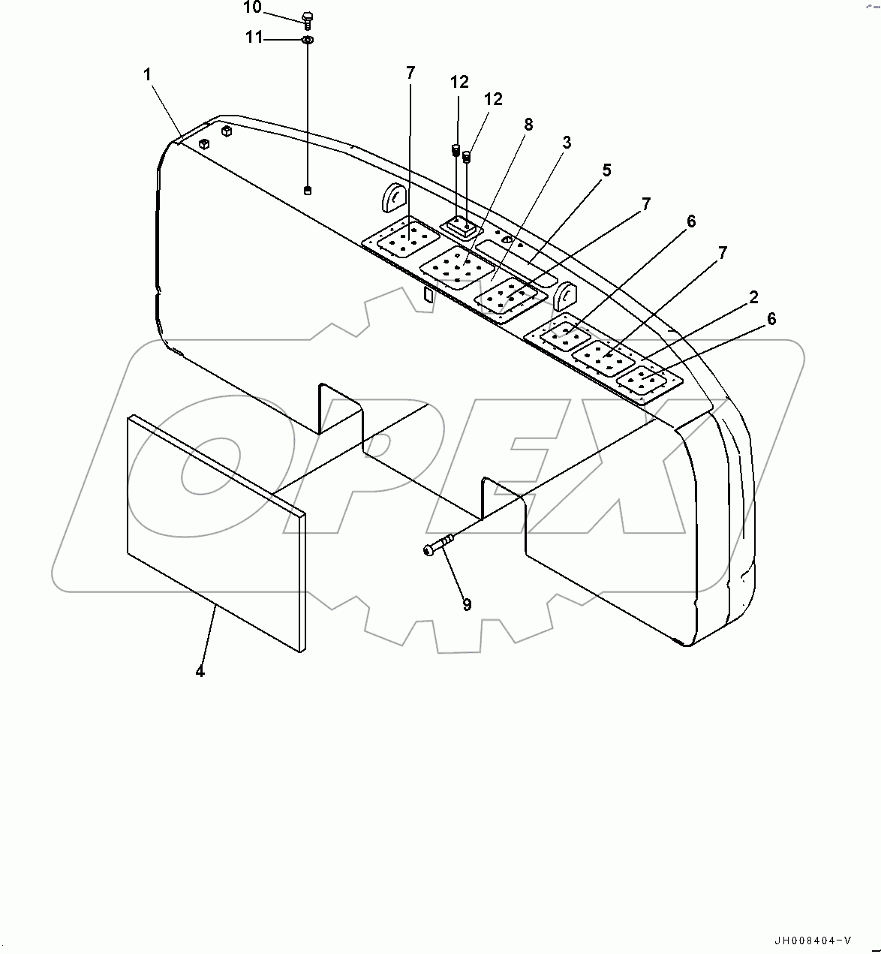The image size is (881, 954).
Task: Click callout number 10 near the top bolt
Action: point(252,8)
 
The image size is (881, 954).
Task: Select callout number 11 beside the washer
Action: point(254,37)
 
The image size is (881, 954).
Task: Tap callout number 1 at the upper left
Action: point(148,74)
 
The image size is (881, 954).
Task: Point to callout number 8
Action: point(528,125)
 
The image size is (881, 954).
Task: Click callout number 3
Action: point(567,143)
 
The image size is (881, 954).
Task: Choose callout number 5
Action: point(606,170)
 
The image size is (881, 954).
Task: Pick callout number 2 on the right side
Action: point(753,298)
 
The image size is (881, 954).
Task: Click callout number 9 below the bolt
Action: point(467,605)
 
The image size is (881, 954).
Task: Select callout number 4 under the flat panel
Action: point(200,671)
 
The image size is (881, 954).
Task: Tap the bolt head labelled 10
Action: point(306,18)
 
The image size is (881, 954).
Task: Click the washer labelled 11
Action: point(308,39)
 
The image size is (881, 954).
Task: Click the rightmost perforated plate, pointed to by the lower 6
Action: point(648,383)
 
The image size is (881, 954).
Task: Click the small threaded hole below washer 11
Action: point(308,191)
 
